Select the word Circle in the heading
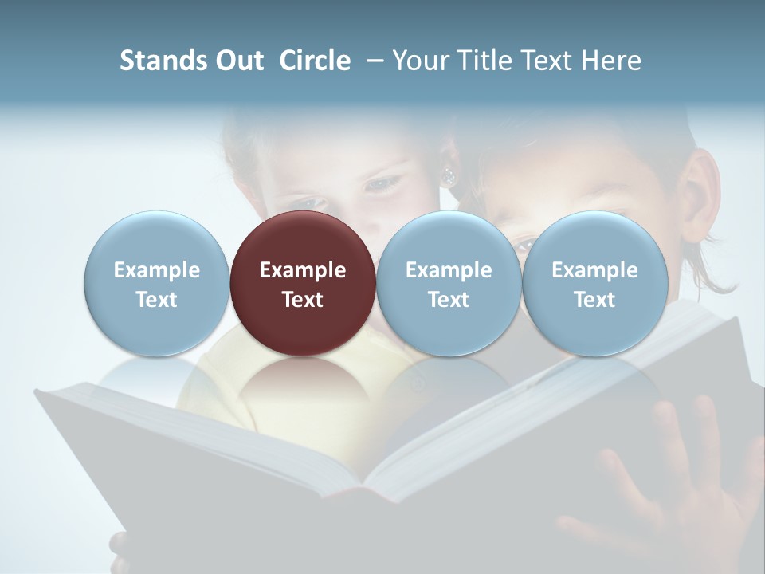coord(315,61)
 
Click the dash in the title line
coord(373,61)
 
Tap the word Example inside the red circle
coord(303,270)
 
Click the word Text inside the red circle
coord(303,300)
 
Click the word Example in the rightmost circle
coord(595,270)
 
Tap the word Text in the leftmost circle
coord(156,300)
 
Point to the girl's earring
coord(449,175)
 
